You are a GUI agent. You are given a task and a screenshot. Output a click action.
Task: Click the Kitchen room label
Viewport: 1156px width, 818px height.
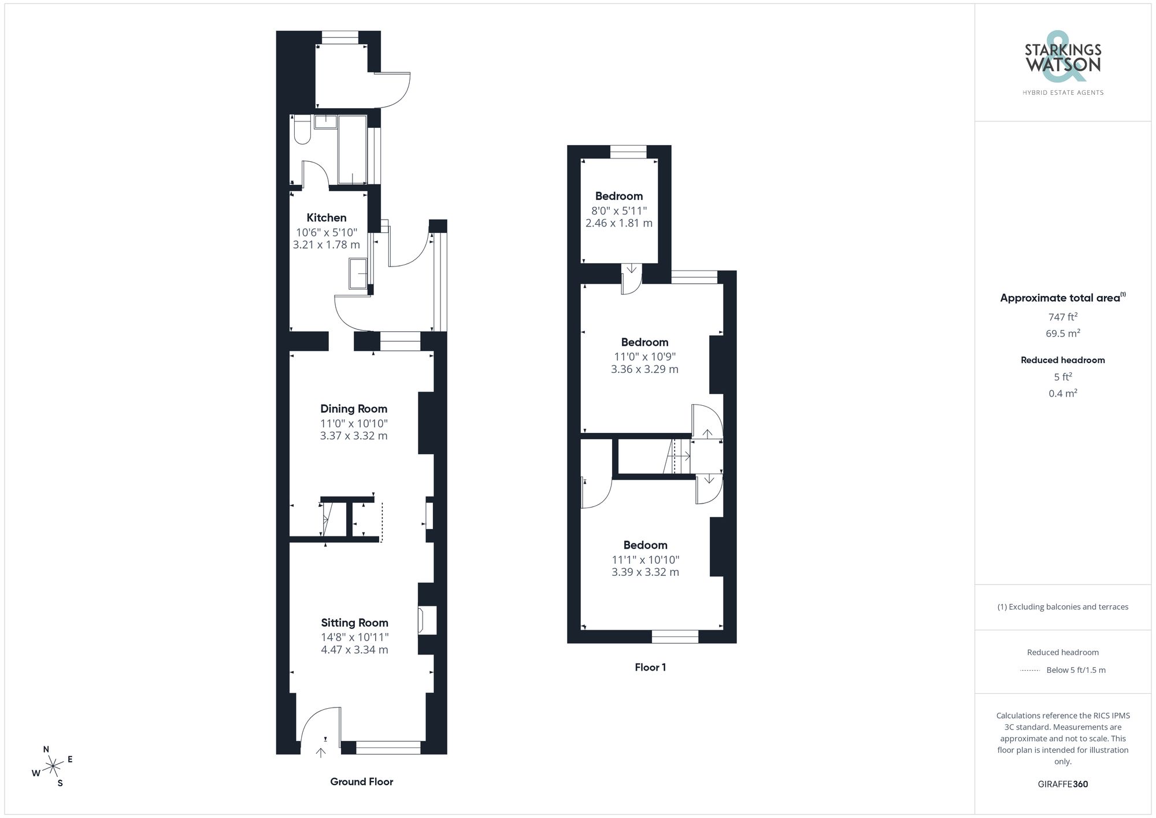pos(326,218)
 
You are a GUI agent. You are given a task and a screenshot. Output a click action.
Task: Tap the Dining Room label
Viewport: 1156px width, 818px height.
pos(354,409)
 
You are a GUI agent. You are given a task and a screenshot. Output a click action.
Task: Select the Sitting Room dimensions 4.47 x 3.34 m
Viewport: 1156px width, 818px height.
pos(354,650)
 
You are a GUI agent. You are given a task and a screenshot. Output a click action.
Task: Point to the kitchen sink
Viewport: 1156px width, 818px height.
pos(358,273)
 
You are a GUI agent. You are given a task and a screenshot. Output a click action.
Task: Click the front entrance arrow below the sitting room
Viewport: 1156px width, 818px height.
pos(321,752)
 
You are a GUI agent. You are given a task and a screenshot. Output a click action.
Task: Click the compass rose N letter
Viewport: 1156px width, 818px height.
pos(46,749)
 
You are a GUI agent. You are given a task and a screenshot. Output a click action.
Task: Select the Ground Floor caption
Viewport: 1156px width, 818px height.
pos(361,782)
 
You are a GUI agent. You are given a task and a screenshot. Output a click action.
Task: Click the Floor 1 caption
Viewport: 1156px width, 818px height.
pos(650,667)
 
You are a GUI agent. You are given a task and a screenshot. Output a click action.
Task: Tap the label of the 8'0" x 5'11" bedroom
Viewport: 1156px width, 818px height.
pos(618,196)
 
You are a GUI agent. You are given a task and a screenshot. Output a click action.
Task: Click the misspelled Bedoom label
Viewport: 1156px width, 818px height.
pos(645,545)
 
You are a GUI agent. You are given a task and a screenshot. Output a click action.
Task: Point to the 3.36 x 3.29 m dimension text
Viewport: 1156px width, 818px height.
pos(644,369)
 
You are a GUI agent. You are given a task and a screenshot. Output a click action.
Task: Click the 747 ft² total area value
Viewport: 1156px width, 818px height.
pos(1062,317)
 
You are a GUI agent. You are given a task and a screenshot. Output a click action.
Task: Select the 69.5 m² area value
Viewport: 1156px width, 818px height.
pos(1062,334)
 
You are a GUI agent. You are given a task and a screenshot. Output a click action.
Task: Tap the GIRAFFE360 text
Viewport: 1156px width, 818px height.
pos(1062,784)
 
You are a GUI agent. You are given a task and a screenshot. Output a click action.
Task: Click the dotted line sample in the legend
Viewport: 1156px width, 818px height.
pos(1030,671)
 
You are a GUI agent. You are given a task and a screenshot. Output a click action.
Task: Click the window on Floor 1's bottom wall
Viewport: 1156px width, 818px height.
pos(675,636)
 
